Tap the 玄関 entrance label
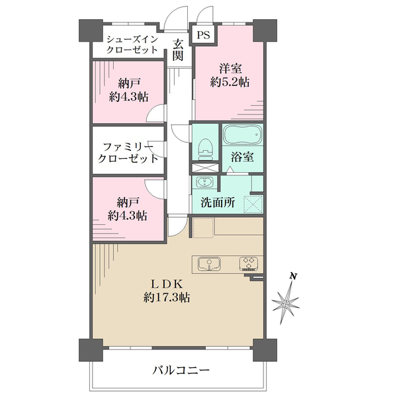[x=177, y=51]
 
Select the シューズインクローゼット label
[x=133, y=44]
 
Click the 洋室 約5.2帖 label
[x=230, y=75]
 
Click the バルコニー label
[x=177, y=371]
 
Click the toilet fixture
[x=204, y=146]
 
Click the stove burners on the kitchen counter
[x=249, y=263]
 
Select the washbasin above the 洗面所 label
[x=203, y=183]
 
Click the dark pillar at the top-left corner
[x=88, y=30]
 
